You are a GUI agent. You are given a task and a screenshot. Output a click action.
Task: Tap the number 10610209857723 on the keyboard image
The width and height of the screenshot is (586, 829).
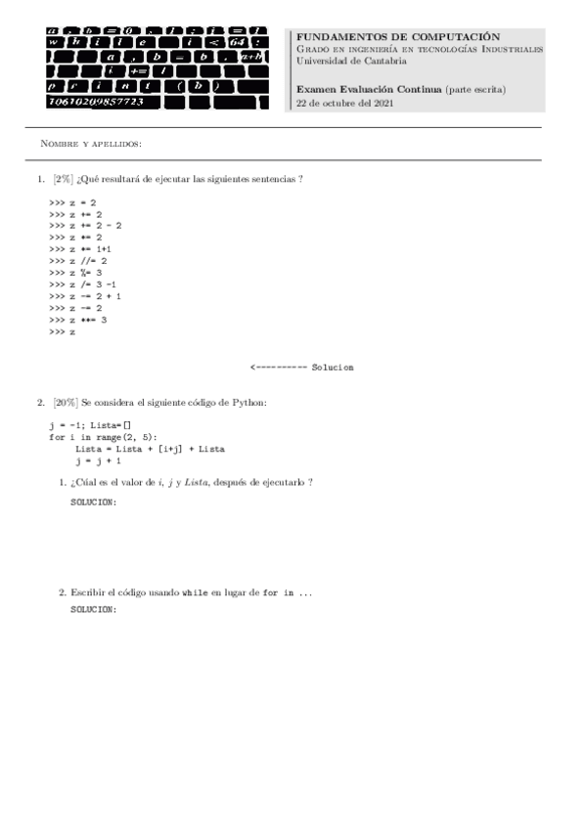[95, 101]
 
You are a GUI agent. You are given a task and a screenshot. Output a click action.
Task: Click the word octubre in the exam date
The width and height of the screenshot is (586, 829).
[333, 103]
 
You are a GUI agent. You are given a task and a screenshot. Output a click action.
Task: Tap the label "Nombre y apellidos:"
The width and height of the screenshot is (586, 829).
[91, 144]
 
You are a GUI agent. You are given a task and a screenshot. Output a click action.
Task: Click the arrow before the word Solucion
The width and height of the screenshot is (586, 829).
[278, 368]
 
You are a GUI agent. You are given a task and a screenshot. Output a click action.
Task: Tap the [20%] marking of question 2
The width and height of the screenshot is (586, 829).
[67, 402]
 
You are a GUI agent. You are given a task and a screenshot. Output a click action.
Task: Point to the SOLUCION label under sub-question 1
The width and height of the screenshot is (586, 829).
[94, 502]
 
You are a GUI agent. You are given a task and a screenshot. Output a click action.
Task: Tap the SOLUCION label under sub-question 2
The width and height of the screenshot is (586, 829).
[94, 610]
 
